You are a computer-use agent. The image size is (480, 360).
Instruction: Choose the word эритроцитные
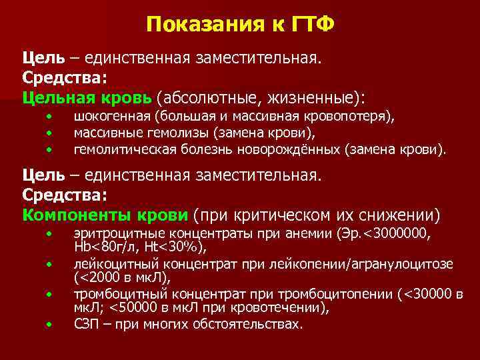113,234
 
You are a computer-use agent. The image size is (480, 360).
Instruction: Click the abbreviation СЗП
87,325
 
